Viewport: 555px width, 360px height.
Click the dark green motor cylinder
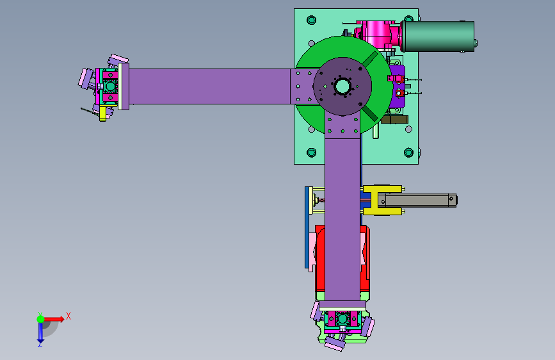(437, 37)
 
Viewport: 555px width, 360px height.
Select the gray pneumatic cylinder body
(417, 200)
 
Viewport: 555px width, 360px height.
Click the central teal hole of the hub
(342, 86)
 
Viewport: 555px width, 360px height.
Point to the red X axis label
(68, 316)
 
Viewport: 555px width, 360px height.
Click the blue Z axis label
(40, 344)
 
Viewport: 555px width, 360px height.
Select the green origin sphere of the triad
(40, 319)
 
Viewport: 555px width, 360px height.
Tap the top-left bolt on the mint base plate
(312, 20)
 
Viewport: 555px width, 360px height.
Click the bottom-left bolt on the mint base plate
(312, 152)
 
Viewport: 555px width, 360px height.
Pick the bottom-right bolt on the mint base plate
(408, 152)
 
